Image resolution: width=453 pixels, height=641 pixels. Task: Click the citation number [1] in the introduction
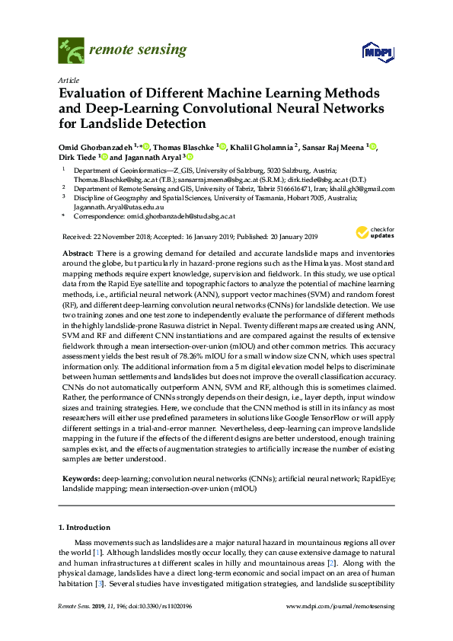pos(97,550)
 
